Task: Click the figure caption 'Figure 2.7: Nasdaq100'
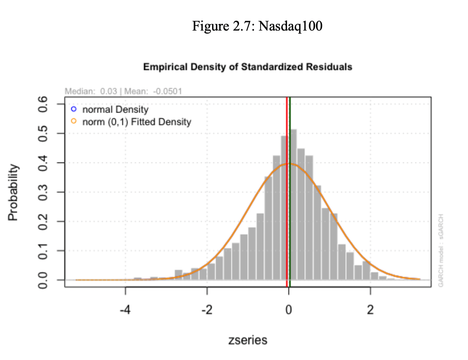[257, 26]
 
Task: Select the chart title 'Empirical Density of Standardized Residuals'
[247, 67]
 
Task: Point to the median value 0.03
[108, 91]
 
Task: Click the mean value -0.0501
[167, 91]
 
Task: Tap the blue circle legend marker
[74, 109]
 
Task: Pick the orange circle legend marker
[74, 121]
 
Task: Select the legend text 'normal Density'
[115, 109]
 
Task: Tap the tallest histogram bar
[293, 202]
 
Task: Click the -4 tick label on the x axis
[125, 310]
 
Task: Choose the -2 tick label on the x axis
[207, 310]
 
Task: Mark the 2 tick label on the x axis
[370, 310]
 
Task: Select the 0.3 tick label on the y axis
[43, 192]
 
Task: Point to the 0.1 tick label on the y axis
[43, 251]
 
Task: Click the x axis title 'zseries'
[247, 340]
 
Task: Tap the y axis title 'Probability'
[13, 192]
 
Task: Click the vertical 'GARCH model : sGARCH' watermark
[441, 250]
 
